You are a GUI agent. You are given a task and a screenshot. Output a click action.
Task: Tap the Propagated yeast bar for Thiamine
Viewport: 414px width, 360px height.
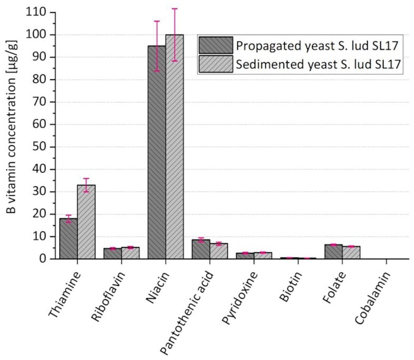click(x=68, y=238)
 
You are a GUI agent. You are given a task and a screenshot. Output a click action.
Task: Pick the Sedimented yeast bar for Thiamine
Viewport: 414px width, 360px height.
click(x=86, y=222)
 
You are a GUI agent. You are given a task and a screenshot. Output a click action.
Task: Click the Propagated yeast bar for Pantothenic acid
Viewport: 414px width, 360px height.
click(x=201, y=249)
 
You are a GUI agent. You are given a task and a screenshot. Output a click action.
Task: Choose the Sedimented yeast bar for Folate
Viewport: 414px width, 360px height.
click(x=351, y=252)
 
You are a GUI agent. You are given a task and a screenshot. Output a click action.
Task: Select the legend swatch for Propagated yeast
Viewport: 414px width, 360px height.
click(x=216, y=45)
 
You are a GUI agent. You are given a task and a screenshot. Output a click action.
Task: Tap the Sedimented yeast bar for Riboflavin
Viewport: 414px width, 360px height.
click(x=130, y=253)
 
